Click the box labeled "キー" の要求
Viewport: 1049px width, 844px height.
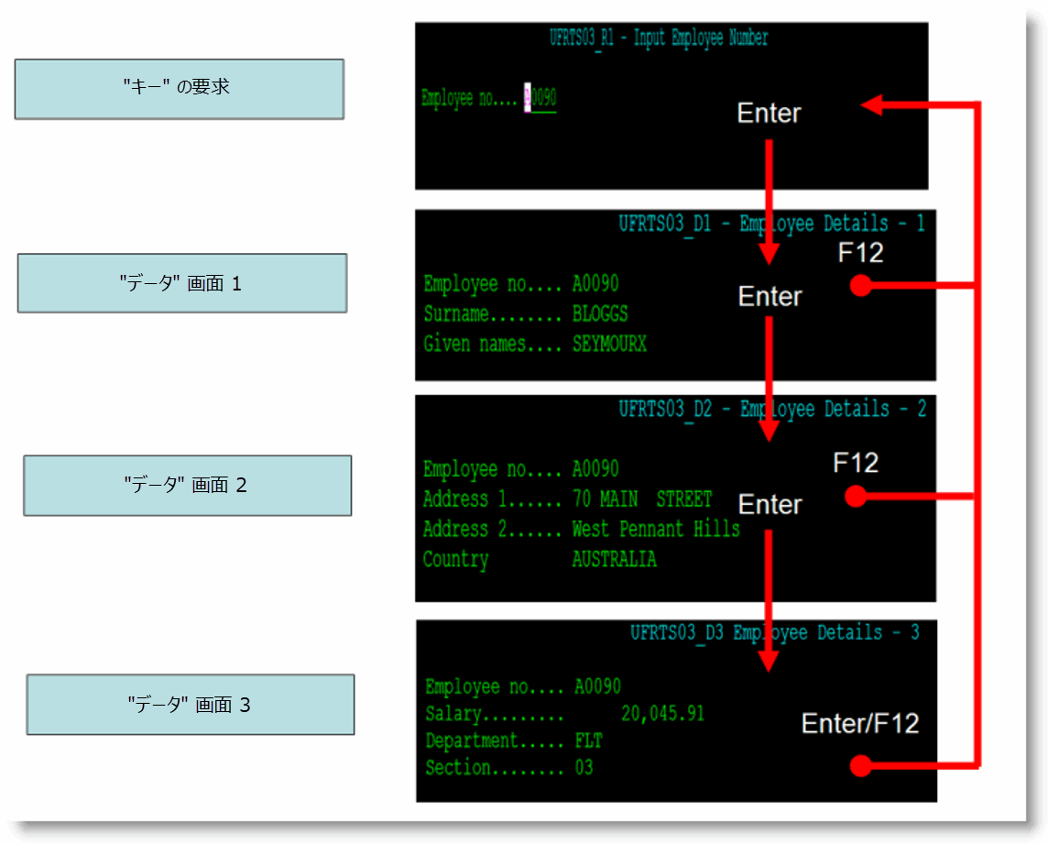(x=179, y=89)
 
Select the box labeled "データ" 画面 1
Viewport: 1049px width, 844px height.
(x=181, y=283)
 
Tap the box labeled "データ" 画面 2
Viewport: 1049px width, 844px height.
(x=187, y=485)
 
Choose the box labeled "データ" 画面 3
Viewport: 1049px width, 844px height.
(x=190, y=705)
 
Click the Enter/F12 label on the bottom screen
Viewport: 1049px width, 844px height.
(x=859, y=723)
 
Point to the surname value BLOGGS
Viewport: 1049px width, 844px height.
(x=600, y=314)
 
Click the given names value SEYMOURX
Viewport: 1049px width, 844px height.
(x=609, y=345)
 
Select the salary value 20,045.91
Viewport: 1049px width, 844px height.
(x=662, y=714)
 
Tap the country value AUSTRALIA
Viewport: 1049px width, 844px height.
(x=614, y=559)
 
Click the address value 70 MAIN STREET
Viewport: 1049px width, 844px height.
(x=641, y=499)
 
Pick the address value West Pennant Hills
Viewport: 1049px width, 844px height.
(x=655, y=529)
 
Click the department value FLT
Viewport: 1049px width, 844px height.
(x=589, y=740)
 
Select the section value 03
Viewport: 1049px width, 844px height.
(x=584, y=768)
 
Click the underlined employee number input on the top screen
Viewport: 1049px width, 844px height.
(x=541, y=98)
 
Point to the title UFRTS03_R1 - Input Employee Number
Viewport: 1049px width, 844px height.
(x=659, y=38)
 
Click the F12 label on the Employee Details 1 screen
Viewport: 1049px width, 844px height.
(x=860, y=252)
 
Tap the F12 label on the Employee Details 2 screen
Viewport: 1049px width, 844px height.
(x=856, y=463)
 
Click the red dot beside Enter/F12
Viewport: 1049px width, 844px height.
(x=858, y=765)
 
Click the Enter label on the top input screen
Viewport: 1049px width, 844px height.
(x=769, y=113)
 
